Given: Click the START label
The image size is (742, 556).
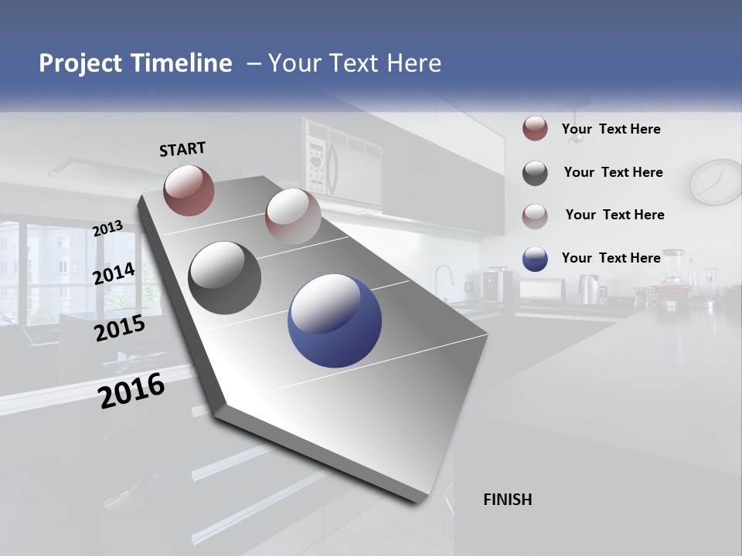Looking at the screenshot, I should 182,149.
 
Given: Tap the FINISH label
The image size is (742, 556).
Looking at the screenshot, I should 508,500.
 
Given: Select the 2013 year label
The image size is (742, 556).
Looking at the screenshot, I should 108,229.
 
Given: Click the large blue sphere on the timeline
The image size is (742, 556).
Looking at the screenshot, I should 335,320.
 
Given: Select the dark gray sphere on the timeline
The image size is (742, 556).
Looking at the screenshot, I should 225,278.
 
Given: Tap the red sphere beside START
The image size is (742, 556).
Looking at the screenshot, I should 189,190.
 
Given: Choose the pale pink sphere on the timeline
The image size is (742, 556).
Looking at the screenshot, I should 293,215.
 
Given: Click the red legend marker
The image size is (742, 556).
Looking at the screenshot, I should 535,129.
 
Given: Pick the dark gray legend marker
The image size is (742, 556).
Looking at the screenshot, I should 535,173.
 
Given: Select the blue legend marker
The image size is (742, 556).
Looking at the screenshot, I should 535,259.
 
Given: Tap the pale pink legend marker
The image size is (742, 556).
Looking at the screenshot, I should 535,215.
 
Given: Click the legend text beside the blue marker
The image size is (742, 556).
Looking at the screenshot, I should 611,258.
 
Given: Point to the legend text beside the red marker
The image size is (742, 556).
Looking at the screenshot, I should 611,129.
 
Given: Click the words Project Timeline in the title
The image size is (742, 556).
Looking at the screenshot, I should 135,63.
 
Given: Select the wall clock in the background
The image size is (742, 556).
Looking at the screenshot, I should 716,182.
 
